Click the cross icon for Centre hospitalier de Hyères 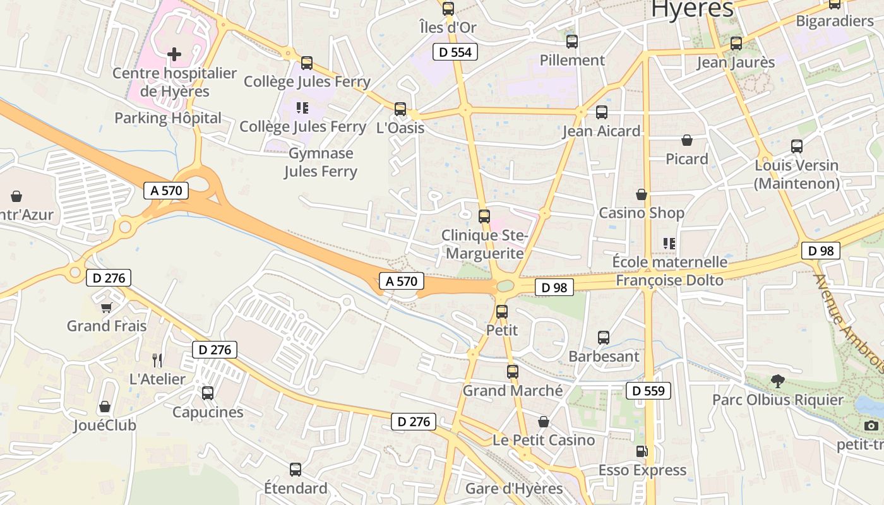point(174,54)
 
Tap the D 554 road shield point(455,52)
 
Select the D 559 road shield point(648,391)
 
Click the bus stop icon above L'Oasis point(400,109)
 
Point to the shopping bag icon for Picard point(686,140)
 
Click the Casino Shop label point(641,213)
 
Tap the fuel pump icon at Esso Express point(642,451)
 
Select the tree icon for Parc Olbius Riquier point(777,381)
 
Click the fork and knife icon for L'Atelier point(157,360)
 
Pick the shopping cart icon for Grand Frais point(107,307)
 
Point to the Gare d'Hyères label point(513,489)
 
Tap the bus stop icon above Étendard point(295,469)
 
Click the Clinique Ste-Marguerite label point(483,244)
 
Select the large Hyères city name point(692,9)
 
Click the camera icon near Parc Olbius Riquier point(871,425)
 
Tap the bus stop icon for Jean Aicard point(601,112)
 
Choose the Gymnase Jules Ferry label point(321,162)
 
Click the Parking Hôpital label point(168,118)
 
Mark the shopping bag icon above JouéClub point(105,407)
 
